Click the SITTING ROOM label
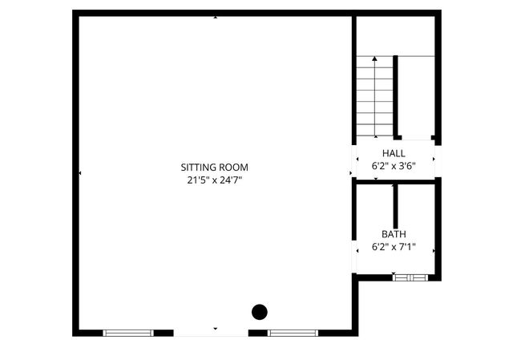pos(214,168)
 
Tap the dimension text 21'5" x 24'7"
pos(214,180)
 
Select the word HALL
pos(394,153)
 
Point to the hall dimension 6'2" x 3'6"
pos(394,166)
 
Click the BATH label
pos(394,234)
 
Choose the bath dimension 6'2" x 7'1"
pos(394,247)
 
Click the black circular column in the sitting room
pos(260,312)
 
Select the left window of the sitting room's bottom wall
pos(128,332)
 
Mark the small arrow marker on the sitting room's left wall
pos(79,172)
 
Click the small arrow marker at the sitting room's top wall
pos(215,17)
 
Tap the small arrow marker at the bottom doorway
pos(214,329)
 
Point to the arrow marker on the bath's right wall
pos(434,249)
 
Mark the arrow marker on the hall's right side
pos(434,158)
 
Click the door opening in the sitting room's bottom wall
pos(211,332)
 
